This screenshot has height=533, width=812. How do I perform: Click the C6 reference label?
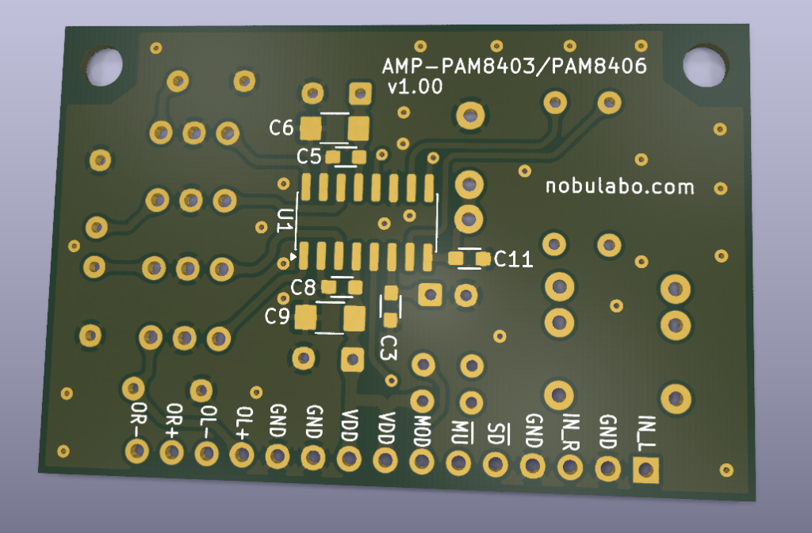coord(282,128)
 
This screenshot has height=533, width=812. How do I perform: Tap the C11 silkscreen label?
coord(513,259)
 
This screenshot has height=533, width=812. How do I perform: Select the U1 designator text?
coord(285,220)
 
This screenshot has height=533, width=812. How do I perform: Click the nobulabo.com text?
coord(620,186)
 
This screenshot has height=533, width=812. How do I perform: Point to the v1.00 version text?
coord(416,86)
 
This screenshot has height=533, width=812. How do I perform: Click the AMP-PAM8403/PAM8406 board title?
coord(514,66)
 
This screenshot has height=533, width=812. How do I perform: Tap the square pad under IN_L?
coord(645,470)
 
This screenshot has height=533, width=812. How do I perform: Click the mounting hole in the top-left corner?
coord(104,67)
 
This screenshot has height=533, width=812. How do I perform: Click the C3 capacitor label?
coord(388,347)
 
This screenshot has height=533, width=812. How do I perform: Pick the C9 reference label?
coord(277,316)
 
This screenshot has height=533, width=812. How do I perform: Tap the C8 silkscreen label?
coord(303,287)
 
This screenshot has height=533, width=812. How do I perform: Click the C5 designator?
coord(309,156)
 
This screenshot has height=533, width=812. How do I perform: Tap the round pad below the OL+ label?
coord(242,455)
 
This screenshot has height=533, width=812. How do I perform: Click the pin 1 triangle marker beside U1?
coord(293,256)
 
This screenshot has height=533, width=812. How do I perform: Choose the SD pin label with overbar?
coord(496,434)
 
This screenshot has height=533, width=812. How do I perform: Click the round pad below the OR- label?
coord(137,451)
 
